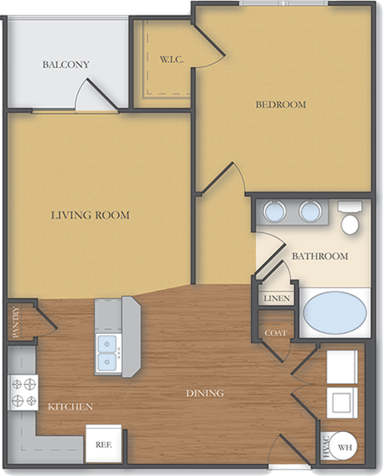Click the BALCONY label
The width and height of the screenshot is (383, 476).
[x=65, y=65]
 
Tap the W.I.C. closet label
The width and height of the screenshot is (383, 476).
[x=172, y=59]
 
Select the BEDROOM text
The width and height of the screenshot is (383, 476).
[x=280, y=105]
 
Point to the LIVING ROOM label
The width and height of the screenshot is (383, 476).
[x=90, y=215]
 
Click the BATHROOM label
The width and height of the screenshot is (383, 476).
[x=319, y=256]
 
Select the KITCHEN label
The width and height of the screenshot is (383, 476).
[x=69, y=407]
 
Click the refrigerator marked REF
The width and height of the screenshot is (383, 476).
[x=103, y=443]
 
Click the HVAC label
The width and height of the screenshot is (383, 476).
[x=325, y=447]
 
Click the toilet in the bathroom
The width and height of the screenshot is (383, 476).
[x=349, y=219]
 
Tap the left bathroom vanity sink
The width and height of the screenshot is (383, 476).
[x=275, y=211]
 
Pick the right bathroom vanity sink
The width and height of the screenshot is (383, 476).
[x=310, y=211]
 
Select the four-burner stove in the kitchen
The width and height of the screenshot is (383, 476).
[x=22, y=391]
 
